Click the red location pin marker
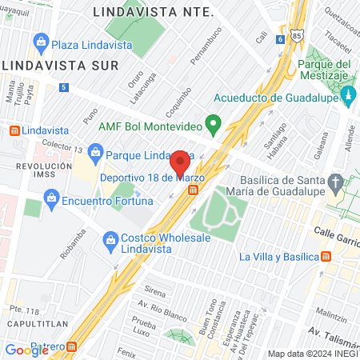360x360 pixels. tap(180, 162)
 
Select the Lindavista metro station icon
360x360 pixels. tap(13, 130)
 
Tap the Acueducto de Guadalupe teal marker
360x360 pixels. tap(348, 98)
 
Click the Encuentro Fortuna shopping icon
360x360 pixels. tap(53, 196)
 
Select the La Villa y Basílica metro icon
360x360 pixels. tap(326, 257)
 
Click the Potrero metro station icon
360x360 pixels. tap(72, 347)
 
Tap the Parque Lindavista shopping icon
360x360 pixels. tap(95, 152)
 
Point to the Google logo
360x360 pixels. tap(26, 350)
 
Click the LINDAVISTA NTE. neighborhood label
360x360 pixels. tap(153, 12)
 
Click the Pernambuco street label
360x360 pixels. tap(205, 50)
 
